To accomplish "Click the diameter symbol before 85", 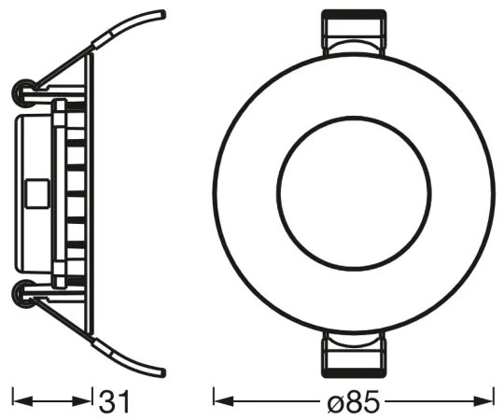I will pos(335,402).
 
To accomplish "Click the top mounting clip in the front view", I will pos(353,35).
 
